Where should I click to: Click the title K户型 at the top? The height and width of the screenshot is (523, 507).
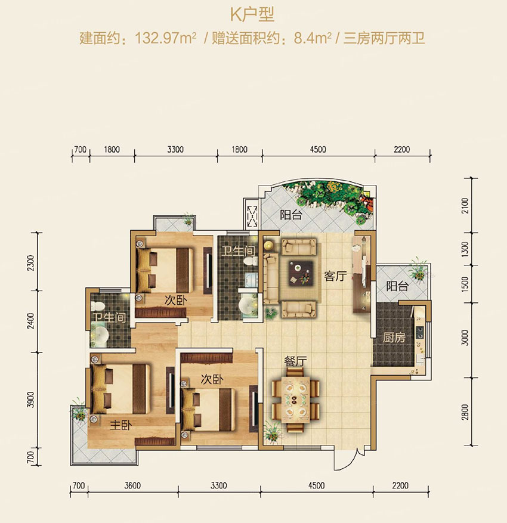coord(253,14)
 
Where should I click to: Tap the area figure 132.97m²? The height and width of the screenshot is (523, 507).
coord(162,39)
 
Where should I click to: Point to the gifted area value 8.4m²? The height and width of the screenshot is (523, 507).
coord(314,39)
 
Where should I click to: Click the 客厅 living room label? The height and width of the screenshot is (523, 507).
coord(335,276)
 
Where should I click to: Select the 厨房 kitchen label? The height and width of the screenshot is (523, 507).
coord(394,338)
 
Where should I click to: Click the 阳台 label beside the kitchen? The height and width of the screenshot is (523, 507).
coord(397,286)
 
